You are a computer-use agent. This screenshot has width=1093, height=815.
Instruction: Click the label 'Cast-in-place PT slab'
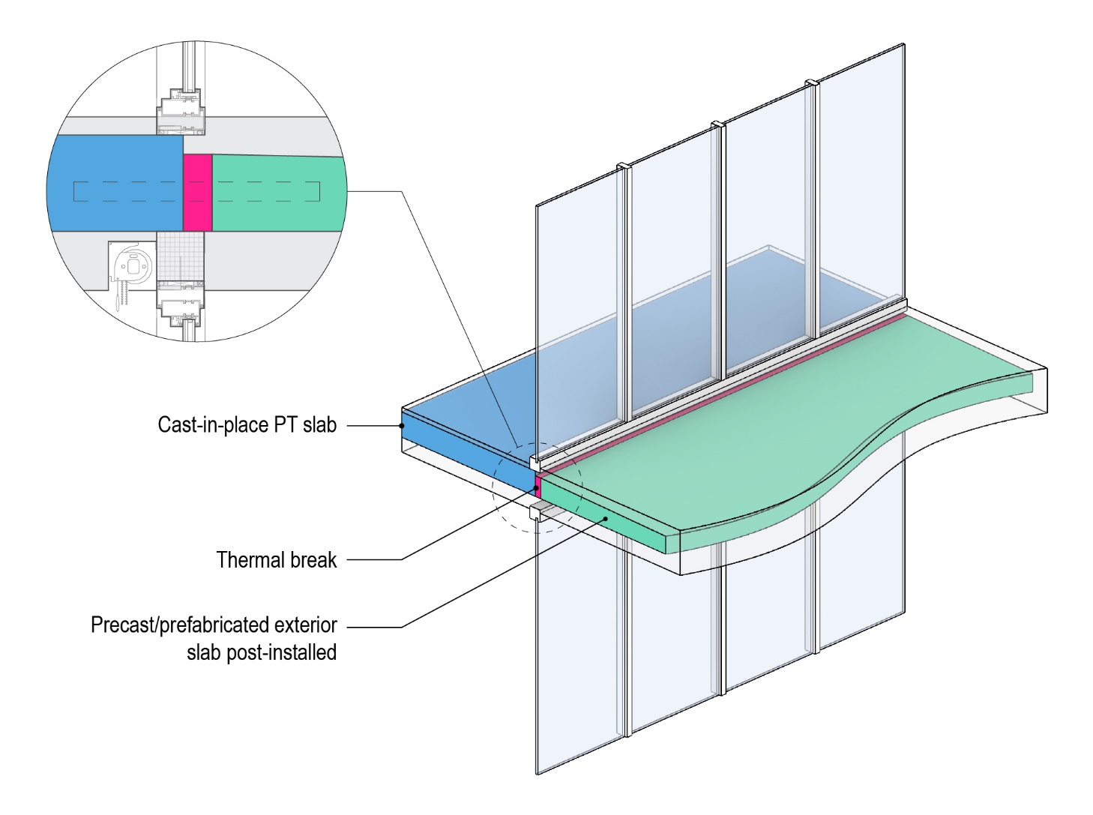[247, 425]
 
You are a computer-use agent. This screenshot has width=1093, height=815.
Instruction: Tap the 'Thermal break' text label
[277, 560]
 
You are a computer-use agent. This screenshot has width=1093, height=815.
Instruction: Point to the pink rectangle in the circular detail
[198, 193]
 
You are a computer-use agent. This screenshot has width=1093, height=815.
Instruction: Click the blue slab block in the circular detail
[116, 184]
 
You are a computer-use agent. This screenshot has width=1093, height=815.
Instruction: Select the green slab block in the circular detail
[277, 193]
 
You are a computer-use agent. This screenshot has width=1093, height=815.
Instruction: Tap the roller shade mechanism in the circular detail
[132, 267]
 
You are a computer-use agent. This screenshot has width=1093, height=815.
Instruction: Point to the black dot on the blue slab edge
[403, 426]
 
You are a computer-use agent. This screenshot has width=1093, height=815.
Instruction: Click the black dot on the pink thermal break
[537, 488]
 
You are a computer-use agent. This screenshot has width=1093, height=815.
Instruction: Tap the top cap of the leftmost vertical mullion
[623, 165]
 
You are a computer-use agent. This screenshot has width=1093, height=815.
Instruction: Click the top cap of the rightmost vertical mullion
[811, 82]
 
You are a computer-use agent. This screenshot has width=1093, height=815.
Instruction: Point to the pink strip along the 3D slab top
[720, 390]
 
